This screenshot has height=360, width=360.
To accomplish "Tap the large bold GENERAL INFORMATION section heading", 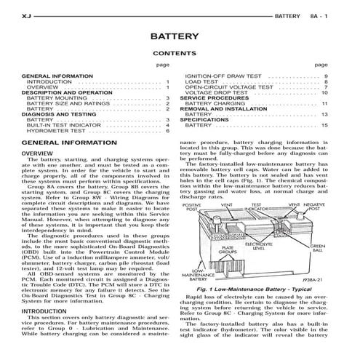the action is pos(65,144).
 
